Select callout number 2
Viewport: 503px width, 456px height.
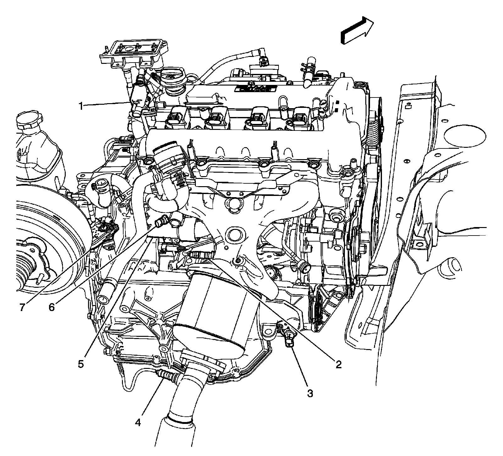338,364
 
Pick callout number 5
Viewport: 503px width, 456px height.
81,364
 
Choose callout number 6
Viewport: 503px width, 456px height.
51,307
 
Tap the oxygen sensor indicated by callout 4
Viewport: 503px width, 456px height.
168,375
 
